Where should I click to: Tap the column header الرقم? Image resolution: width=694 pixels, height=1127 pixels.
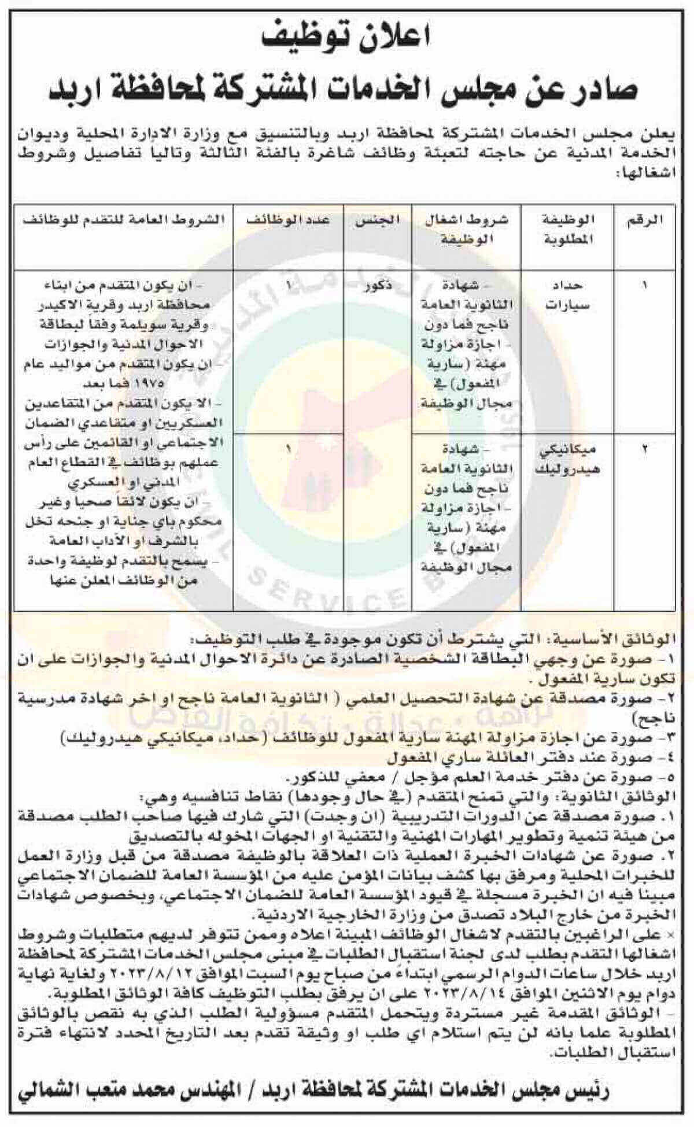click(645, 221)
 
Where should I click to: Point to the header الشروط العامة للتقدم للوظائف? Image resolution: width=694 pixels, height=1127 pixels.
click(122, 221)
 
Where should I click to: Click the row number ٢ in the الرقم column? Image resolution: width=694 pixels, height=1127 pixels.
click(645, 449)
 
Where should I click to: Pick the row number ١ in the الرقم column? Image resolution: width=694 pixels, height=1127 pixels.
click(645, 286)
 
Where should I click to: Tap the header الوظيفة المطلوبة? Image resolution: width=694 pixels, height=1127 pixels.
click(569, 230)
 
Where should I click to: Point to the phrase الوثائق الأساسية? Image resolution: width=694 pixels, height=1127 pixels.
click(621, 641)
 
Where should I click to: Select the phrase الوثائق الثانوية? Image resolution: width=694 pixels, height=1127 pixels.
click(625, 796)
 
